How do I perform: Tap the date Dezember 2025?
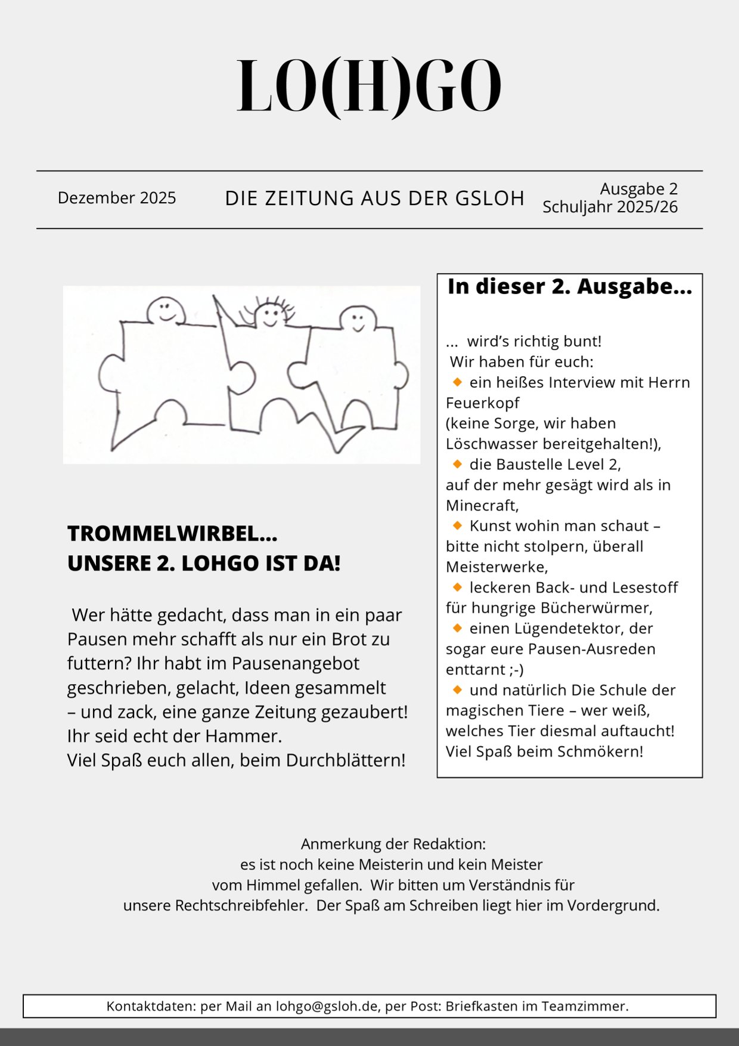(117, 198)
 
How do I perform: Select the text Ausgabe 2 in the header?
(638, 189)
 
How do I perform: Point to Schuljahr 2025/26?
(610, 207)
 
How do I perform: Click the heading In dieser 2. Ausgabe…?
(570, 287)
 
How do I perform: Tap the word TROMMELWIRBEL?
(164, 534)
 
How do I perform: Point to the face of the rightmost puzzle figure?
(357, 320)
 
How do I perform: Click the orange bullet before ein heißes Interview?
(458, 382)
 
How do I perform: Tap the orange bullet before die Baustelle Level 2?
(458, 463)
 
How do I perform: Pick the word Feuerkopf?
(483, 403)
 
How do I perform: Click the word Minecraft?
(482, 506)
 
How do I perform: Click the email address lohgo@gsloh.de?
(327, 1007)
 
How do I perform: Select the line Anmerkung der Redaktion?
(393, 844)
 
